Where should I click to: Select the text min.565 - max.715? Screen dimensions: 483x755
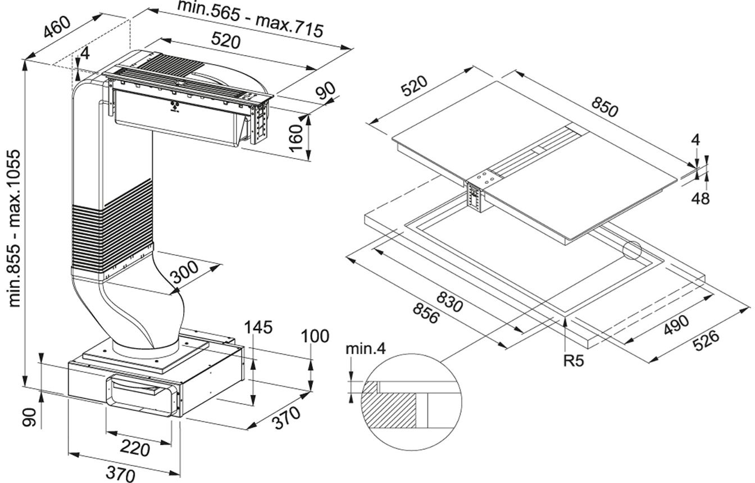pyautogui.click(x=250, y=19)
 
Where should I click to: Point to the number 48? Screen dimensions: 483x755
pyautogui.click(x=700, y=198)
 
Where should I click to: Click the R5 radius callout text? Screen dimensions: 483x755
pyautogui.click(x=573, y=360)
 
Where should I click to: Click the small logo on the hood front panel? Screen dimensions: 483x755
pyautogui.click(x=174, y=109)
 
